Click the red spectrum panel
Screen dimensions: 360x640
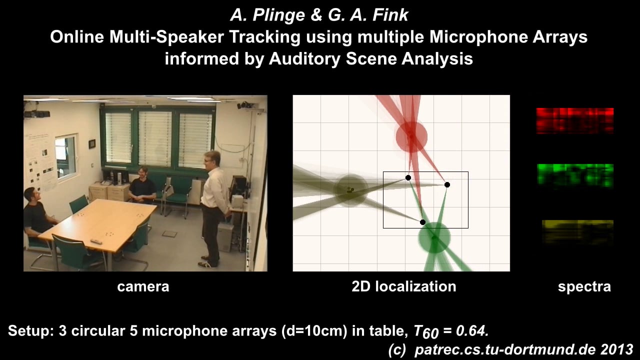pyautogui.click(x=574, y=120)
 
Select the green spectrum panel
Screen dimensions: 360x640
pyautogui.click(x=574, y=175)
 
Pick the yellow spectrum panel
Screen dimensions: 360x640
pyautogui.click(x=577, y=231)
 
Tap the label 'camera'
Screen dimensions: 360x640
pyautogui.click(x=143, y=286)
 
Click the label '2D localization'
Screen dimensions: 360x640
pyautogui.click(x=403, y=286)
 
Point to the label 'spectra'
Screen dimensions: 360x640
pyautogui.click(x=584, y=286)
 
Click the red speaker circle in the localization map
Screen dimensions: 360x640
pyautogui.click(x=411, y=136)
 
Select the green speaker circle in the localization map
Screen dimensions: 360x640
pyautogui.click(x=434, y=238)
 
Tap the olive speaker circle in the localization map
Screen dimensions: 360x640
pyautogui.click(x=350, y=190)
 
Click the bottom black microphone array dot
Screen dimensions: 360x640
pyautogui.click(x=422, y=222)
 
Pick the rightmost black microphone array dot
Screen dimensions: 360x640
pyautogui.click(x=447, y=184)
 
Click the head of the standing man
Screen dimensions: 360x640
pyautogui.click(x=212, y=159)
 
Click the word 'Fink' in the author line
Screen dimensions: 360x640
pyautogui.click(x=392, y=15)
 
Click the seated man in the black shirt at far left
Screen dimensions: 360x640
pyautogui.click(x=35, y=212)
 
